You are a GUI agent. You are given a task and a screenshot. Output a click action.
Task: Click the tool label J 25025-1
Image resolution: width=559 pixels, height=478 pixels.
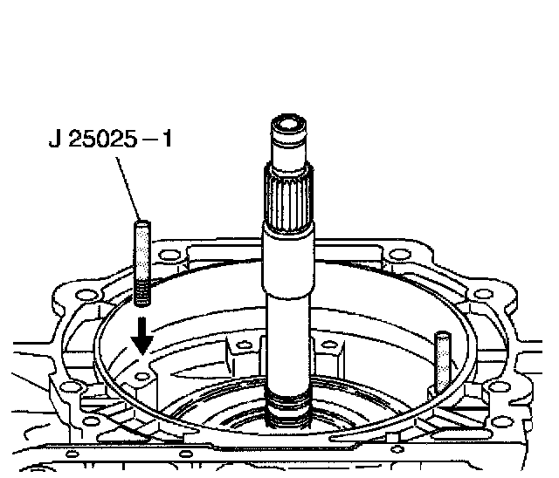[x=110, y=139]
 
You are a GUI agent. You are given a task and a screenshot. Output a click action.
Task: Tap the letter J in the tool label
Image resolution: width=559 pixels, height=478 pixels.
[x=54, y=139]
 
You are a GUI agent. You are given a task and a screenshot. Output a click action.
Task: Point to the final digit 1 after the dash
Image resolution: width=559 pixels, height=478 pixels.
[x=167, y=139]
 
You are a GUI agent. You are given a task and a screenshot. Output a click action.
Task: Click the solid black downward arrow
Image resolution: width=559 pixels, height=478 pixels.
[x=142, y=336]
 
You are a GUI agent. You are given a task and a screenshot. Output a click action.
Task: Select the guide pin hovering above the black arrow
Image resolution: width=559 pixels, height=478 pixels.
[x=142, y=263]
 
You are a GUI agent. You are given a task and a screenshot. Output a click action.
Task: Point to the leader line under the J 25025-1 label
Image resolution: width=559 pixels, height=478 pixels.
[x=128, y=188]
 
